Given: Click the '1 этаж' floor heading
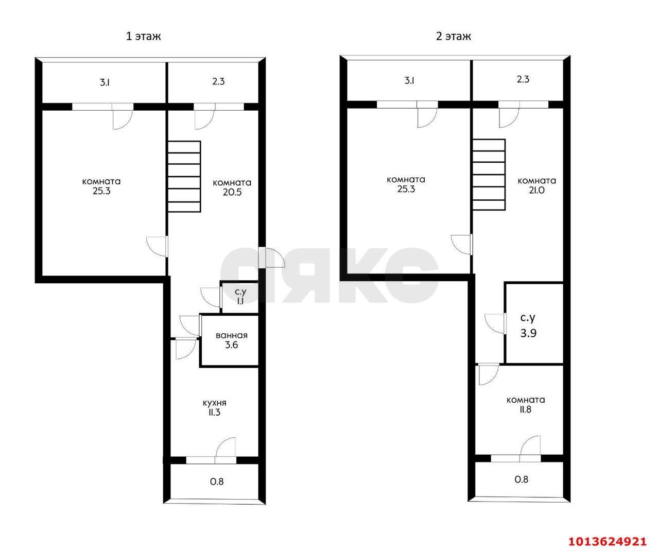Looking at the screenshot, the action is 143,37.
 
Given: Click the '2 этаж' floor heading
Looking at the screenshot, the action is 453,37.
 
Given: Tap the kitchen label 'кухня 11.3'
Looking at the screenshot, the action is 214,407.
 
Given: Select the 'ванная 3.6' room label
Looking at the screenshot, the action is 231,340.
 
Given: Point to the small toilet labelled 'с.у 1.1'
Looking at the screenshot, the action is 240,297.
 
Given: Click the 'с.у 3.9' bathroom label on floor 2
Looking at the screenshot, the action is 528,325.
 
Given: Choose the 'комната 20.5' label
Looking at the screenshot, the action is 232,187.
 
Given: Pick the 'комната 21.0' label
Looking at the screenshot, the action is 536,185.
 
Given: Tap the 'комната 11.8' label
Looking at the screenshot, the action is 526,404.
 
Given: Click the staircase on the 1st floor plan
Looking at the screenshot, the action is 184,176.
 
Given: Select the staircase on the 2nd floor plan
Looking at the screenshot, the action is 489,175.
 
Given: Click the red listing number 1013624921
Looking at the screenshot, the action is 608,541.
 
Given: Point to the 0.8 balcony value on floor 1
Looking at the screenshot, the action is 217,481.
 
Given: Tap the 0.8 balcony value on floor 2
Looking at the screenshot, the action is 522,479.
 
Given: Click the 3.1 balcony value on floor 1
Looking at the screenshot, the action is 105,83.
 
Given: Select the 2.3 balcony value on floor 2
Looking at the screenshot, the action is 523,79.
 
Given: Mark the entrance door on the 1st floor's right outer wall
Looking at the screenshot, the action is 271,258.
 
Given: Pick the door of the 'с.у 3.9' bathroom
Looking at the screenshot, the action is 495,323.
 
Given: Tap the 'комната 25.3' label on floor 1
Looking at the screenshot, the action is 101,186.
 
